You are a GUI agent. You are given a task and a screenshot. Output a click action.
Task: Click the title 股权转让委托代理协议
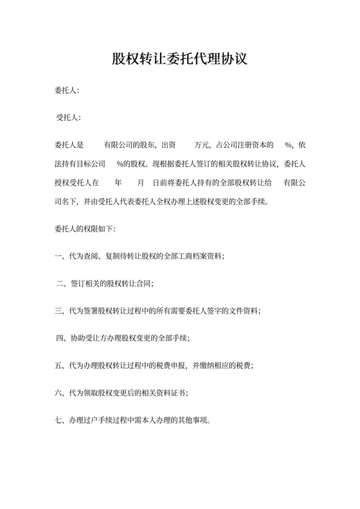(180, 60)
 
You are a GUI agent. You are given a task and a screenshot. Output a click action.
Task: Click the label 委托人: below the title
(67, 91)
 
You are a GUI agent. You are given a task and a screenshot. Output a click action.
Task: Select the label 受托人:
(69, 118)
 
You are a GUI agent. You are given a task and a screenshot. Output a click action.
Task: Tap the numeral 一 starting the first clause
(59, 256)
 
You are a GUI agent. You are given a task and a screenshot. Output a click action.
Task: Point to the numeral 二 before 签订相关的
(61, 283)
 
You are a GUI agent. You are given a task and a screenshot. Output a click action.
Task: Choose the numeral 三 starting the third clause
(59, 310)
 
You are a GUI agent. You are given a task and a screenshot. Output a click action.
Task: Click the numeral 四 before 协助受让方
(61, 338)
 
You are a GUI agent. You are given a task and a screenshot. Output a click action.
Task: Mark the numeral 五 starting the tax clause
(59, 366)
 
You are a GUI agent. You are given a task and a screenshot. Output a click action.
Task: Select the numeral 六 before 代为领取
(59, 393)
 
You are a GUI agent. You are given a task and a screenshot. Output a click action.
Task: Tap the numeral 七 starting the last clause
(59, 421)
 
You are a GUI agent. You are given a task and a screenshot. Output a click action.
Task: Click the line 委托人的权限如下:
(85, 228)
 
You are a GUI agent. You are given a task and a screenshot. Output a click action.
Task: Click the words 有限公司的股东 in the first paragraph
(127, 145)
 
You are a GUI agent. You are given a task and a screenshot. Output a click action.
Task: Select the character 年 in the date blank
(118, 183)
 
